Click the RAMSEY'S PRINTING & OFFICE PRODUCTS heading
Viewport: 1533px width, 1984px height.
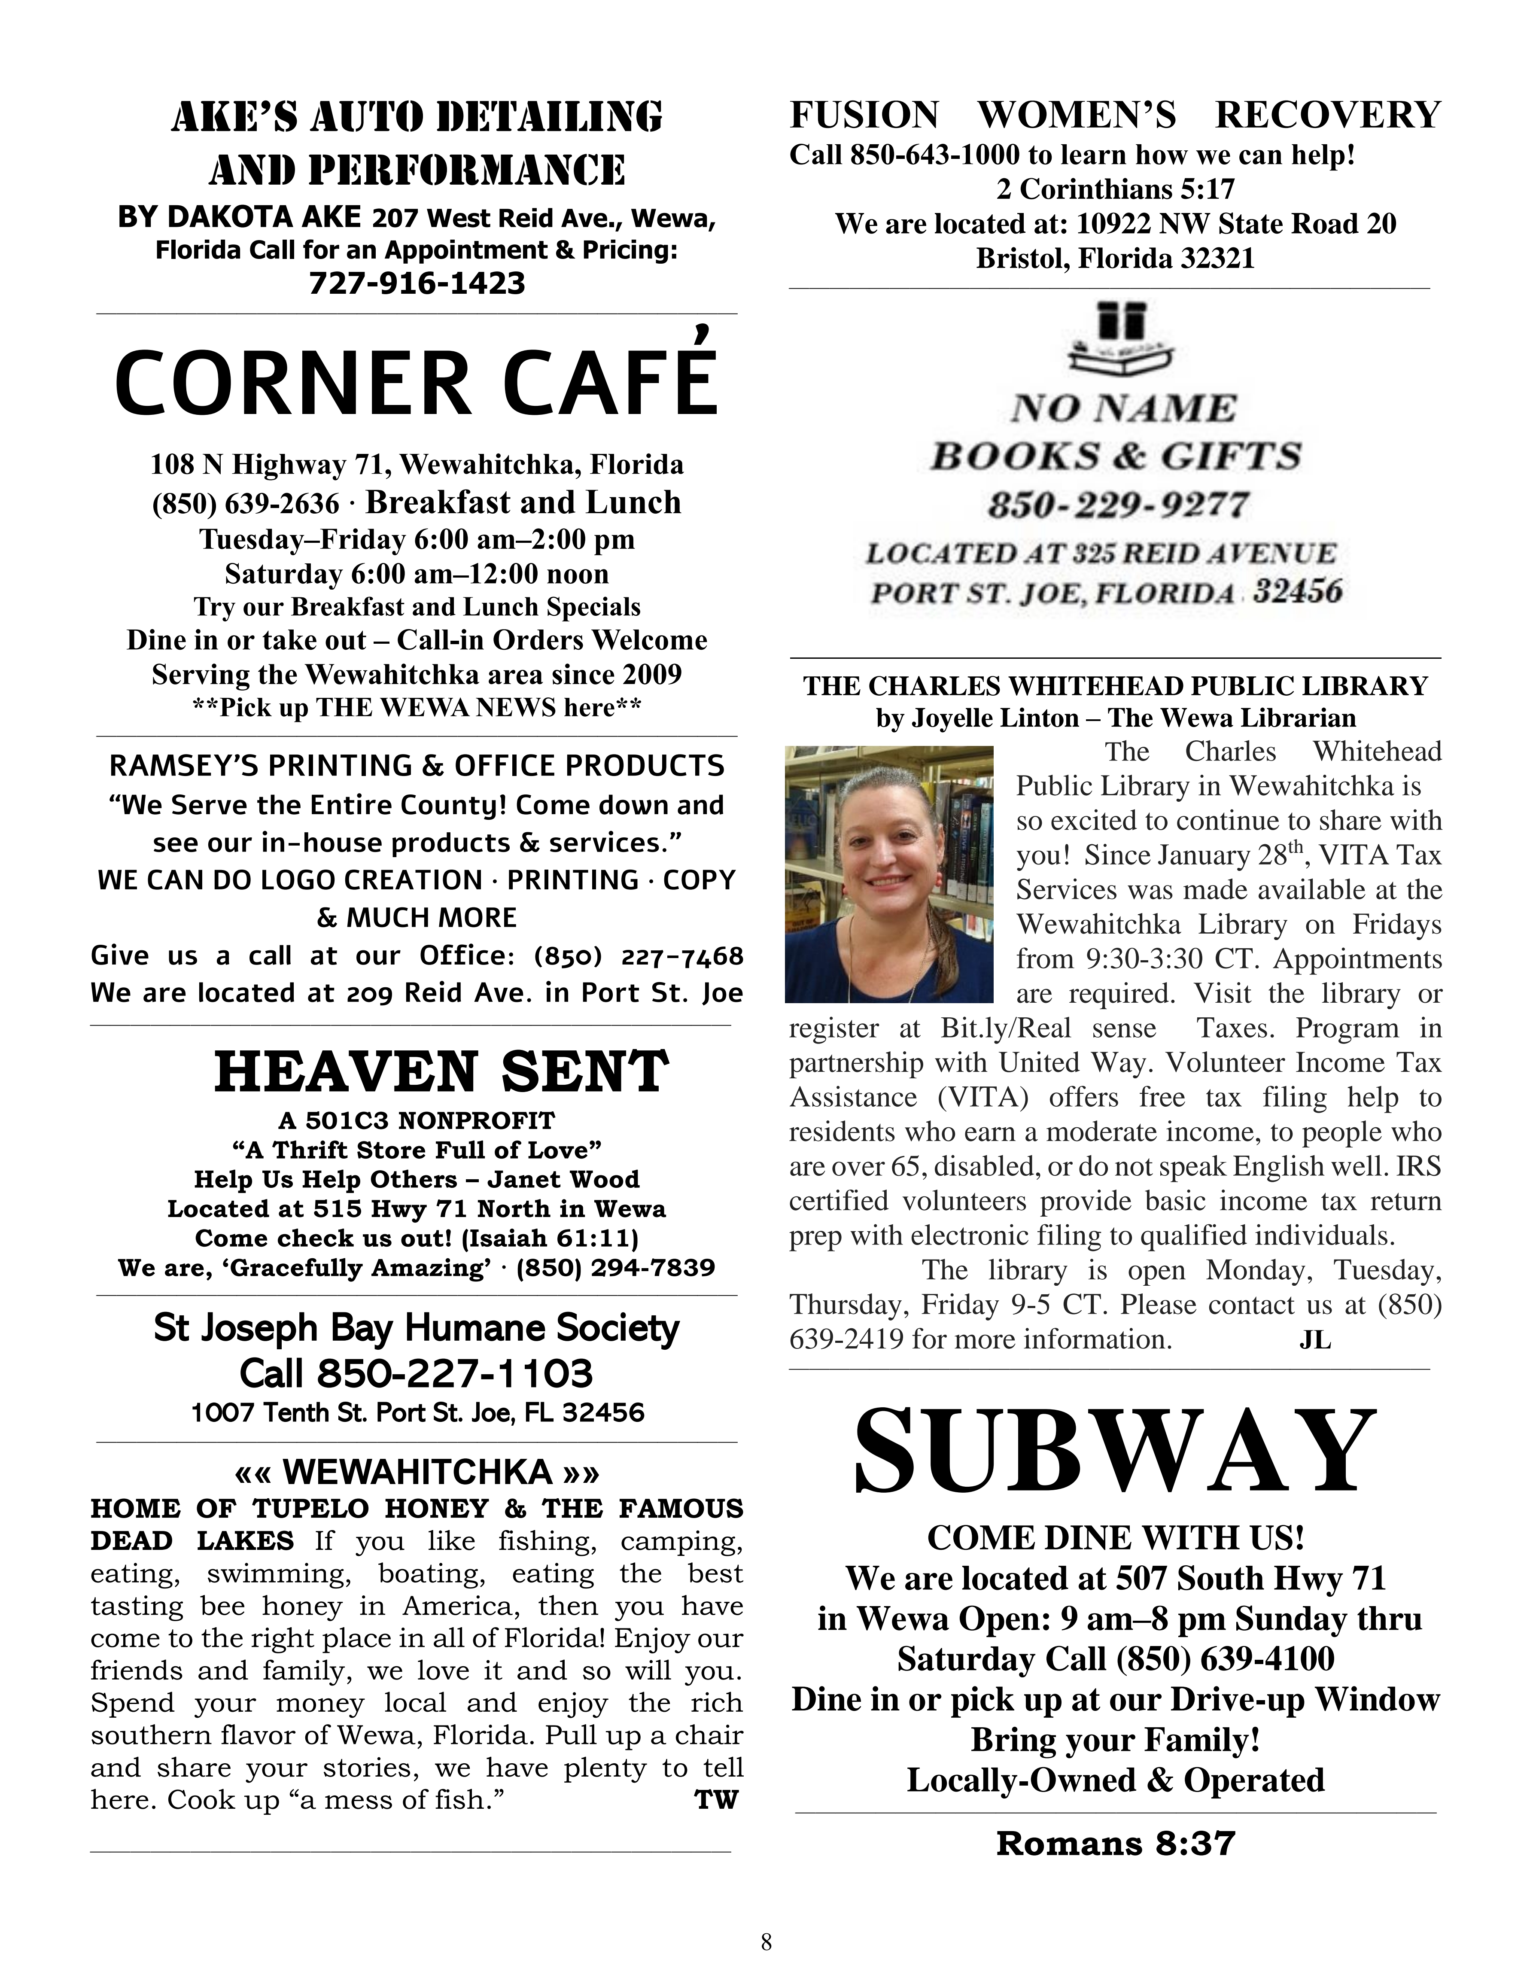(x=417, y=766)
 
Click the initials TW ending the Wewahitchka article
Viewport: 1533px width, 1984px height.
(x=717, y=1800)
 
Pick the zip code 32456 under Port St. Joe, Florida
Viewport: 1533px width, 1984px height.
(x=1297, y=592)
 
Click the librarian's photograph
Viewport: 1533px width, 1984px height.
(x=889, y=874)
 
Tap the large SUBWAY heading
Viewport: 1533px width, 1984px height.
(x=1115, y=1451)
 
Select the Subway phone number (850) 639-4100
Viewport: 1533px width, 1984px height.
(x=1225, y=1659)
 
